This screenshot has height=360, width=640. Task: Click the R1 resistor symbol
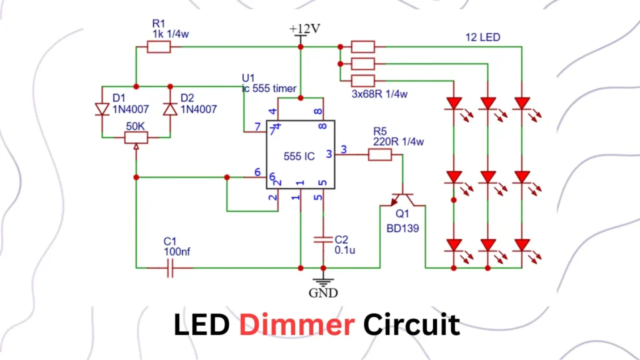[159, 46]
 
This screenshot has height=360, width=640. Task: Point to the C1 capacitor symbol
[170, 269]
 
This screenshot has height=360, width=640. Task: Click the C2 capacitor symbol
[323, 241]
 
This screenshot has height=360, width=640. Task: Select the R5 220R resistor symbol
[379, 154]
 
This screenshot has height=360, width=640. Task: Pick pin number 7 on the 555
[257, 127]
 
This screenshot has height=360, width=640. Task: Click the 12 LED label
[483, 37]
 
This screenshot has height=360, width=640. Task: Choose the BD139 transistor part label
[402, 229]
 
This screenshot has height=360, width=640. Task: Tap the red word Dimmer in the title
[297, 325]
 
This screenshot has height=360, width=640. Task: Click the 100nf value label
[177, 251]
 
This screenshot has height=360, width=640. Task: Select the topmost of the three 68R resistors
[363, 46]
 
